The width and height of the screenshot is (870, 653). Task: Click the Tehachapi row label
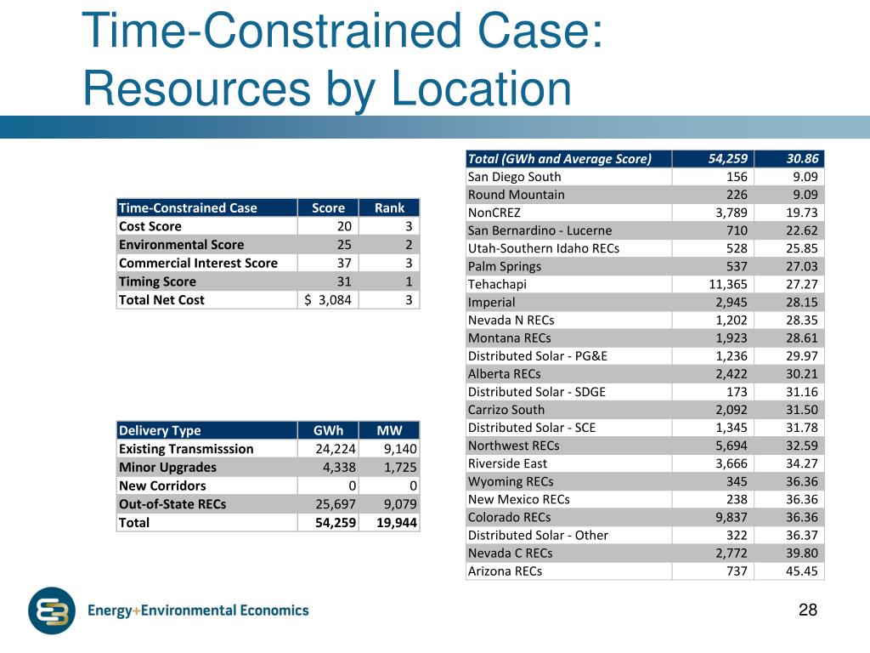pyautogui.click(x=496, y=284)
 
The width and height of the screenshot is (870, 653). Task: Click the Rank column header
pyautogui.click(x=389, y=208)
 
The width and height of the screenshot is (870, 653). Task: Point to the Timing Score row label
pyautogui.click(x=157, y=281)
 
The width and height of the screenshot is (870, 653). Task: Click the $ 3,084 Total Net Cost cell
pyautogui.click(x=329, y=299)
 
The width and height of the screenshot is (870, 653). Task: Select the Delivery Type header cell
pyautogui.click(x=160, y=430)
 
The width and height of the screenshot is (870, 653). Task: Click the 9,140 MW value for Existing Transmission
pyautogui.click(x=398, y=449)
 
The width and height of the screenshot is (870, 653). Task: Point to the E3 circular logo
pyautogui.click(x=52, y=611)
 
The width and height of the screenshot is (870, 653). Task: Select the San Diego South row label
pyautogui.click(x=514, y=177)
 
